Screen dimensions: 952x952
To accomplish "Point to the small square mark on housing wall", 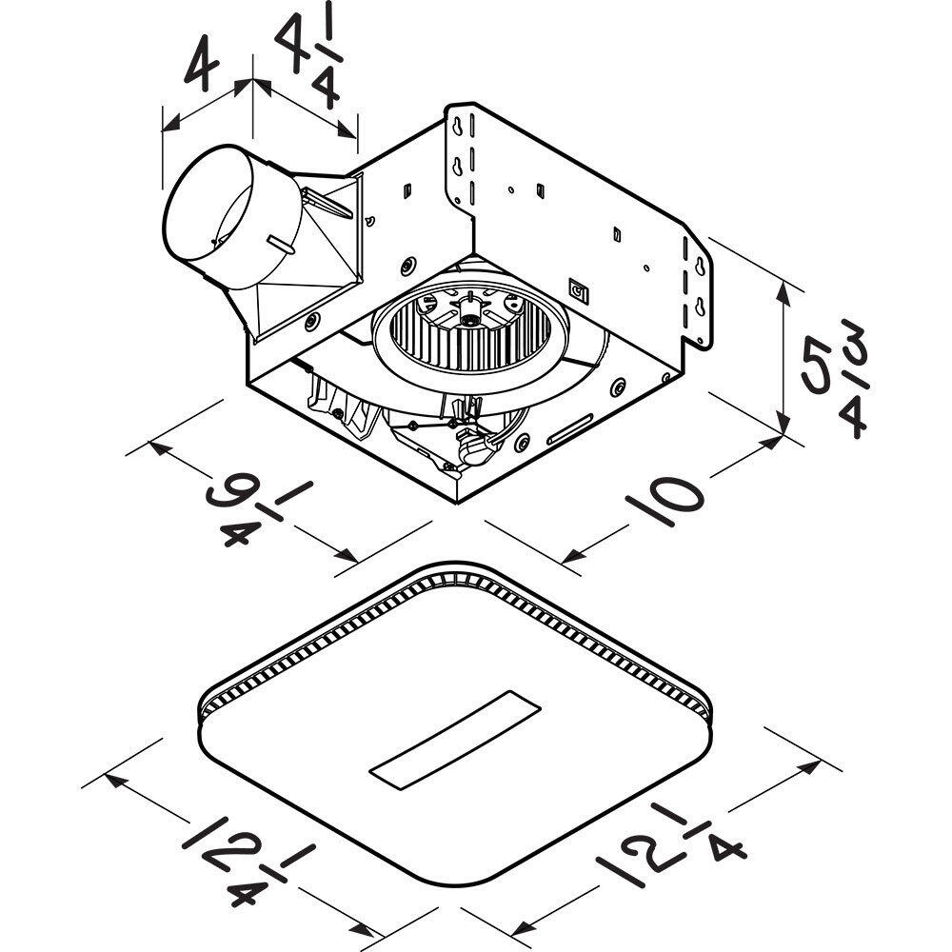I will (578, 288).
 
